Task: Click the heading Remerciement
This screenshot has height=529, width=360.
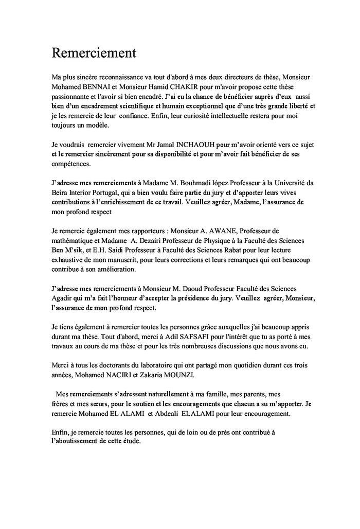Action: coord(94,52)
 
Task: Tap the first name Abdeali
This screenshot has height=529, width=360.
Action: coord(178,414)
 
